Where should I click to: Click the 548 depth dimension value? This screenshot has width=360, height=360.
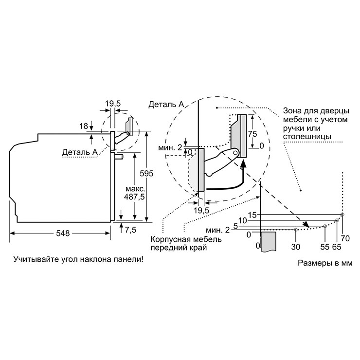63,233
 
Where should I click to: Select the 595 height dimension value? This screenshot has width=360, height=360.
146,174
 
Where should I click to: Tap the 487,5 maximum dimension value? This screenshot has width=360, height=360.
135,197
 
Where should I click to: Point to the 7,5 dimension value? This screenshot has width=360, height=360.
131,230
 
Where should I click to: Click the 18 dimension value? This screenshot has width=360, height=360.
84,126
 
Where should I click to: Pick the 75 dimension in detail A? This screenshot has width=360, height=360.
252,134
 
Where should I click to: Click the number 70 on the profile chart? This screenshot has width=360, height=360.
345,238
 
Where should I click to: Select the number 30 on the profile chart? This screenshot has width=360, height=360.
296,247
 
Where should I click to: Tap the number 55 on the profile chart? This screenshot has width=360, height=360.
325,247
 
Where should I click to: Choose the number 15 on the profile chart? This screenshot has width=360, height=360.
252,215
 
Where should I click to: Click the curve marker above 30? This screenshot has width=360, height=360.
295,229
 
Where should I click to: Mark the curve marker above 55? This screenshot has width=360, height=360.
325,226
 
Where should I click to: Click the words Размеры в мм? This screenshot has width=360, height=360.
325,263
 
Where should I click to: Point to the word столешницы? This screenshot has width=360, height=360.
307,137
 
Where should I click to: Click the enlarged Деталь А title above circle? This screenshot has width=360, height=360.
166,105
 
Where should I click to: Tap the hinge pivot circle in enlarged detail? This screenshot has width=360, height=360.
235,152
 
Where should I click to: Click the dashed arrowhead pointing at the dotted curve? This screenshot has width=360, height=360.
306,224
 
